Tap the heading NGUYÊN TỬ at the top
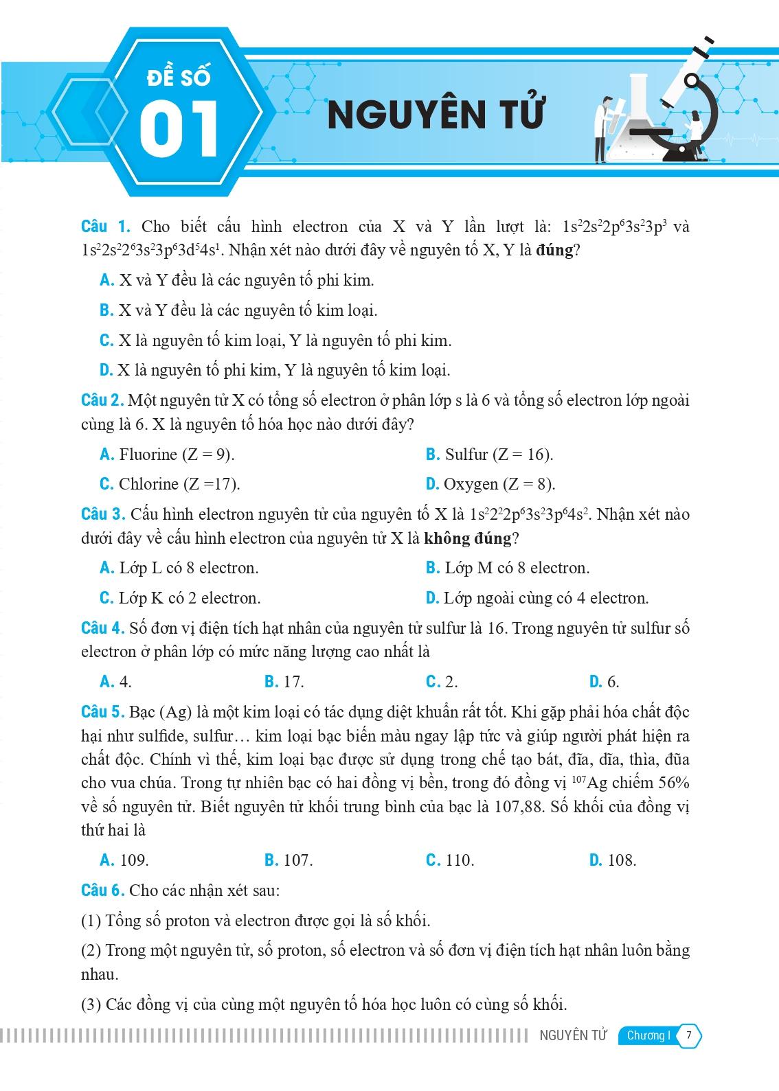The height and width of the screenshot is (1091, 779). [435, 114]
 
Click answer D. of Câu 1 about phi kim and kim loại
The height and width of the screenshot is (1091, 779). [275, 370]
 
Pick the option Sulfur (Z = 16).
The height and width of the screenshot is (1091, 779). [489, 455]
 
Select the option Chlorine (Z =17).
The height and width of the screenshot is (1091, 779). [170, 484]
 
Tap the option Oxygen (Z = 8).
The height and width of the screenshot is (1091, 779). [490, 484]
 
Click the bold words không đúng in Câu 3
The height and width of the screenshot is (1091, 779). [468, 538]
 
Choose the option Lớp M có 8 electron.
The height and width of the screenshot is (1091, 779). [508, 569]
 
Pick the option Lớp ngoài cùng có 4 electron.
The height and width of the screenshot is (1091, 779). [537, 598]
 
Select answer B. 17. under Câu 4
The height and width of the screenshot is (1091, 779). [284, 682]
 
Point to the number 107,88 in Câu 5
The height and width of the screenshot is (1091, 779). [518, 806]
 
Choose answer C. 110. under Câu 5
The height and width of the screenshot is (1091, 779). [450, 860]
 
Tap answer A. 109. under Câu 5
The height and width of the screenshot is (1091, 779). [124, 860]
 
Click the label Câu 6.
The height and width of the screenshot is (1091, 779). [102, 891]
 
